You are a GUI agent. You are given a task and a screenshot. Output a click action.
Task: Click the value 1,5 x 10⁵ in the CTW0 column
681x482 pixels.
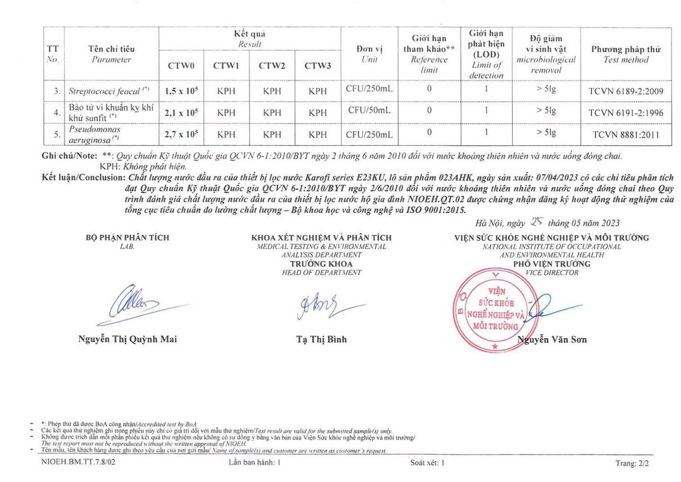(x=182, y=91)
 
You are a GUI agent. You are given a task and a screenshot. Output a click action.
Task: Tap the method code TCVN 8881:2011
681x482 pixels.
(x=626, y=134)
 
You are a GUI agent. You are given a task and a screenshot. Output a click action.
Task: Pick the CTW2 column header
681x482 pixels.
(x=272, y=65)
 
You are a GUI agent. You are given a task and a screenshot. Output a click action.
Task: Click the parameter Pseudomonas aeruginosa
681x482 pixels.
(x=94, y=134)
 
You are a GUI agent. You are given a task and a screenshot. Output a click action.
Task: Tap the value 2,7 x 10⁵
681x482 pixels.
(x=182, y=134)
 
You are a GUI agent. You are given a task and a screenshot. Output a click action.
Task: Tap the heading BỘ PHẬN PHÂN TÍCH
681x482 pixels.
(x=127, y=238)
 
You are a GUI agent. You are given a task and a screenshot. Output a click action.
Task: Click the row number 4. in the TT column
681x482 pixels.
(x=56, y=113)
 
